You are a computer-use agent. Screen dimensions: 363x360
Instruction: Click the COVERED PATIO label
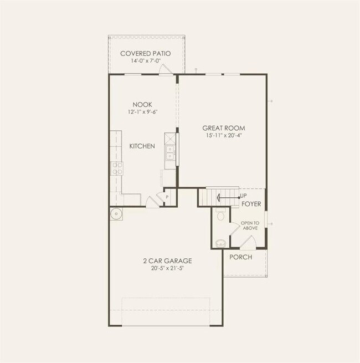(x=145, y=53)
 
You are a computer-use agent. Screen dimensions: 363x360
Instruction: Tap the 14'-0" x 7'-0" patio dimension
(x=145, y=61)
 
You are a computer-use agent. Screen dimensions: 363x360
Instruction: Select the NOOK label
(x=142, y=104)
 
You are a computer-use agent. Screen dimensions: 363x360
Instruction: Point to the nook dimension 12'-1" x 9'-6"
(x=142, y=112)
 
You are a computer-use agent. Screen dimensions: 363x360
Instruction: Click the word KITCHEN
(x=142, y=146)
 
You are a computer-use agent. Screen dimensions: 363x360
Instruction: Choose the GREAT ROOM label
(x=223, y=128)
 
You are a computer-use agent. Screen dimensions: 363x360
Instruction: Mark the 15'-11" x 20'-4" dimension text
(x=223, y=136)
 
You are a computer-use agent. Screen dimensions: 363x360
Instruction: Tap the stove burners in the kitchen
(x=117, y=168)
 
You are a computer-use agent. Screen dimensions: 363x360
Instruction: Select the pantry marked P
(x=166, y=197)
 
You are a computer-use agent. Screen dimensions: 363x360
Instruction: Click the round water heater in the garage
(x=116, y=213)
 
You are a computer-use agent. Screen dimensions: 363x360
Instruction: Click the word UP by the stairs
(x=244, y=196)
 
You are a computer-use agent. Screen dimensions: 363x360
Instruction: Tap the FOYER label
(x=251, y=204)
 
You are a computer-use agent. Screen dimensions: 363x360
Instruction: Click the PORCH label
(x=240, y=257)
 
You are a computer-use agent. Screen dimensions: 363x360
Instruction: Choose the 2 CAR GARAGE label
(x=167, y=260)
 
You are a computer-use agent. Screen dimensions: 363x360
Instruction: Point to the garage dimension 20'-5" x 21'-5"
(x=167, y=269)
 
